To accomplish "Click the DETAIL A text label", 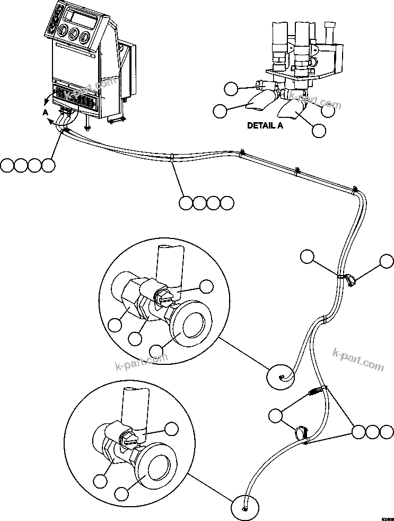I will [265, 126].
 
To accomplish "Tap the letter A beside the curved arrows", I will [46, 112].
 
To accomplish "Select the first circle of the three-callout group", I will [358, 432].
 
